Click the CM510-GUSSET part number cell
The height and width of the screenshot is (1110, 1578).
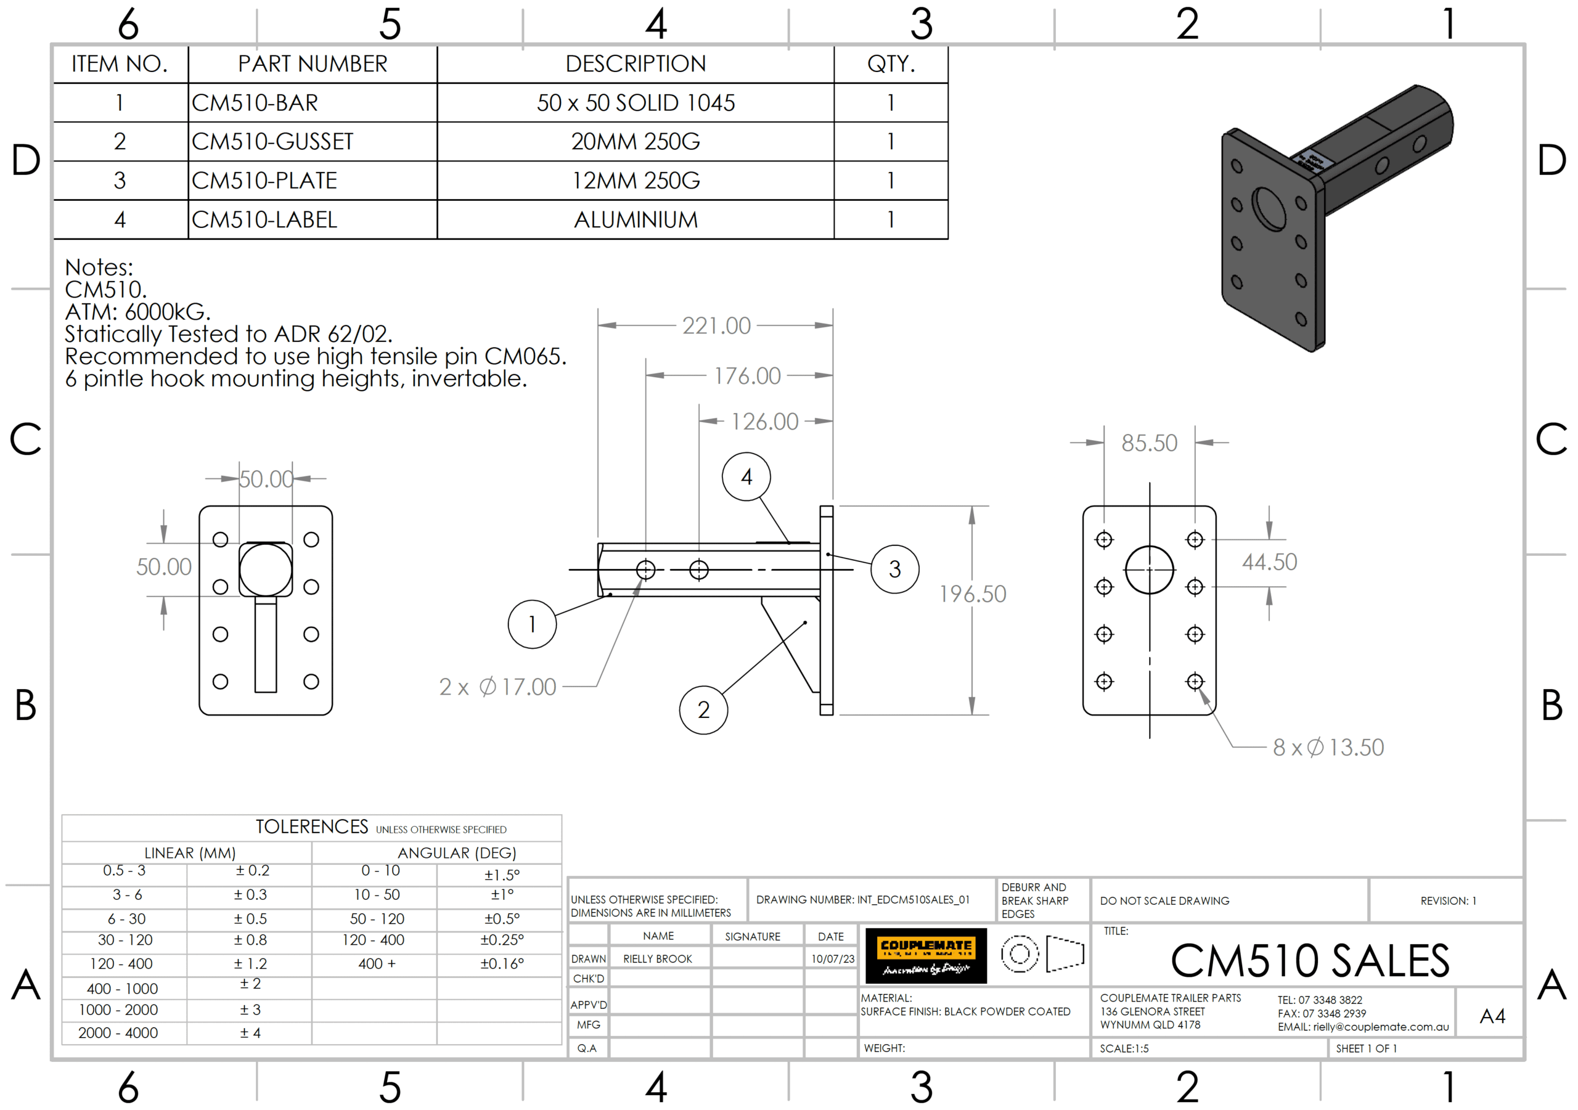(x=272, y=142)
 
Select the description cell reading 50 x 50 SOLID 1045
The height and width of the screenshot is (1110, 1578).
(x=635, y=103)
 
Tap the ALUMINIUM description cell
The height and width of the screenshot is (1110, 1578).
(x=635, y=220)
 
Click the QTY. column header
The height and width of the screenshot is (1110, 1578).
(x=891, y=64)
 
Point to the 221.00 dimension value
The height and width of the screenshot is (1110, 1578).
(x=716, y=326)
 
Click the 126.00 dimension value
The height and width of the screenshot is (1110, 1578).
(x=764, y=422)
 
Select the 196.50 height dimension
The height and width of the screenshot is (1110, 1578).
(x=973, y=594)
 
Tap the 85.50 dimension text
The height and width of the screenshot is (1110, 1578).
(x=1149, y=443)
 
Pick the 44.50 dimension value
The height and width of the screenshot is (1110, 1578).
(x=1269, y=562)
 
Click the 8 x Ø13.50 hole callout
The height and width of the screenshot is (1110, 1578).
(x=1328, y=747)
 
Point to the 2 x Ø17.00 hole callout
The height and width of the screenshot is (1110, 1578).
(x=497, y=687)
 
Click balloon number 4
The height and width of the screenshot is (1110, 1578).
(x=746, y=477)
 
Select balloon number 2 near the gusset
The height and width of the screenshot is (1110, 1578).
(x=703, y=710)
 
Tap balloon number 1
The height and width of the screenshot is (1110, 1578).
(x=532, y=624)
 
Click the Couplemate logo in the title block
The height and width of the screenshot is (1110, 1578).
(x=926, y=955)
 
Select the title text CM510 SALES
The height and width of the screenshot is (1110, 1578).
(x=1310, y=960)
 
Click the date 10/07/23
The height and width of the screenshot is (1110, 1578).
(x=832, y=959)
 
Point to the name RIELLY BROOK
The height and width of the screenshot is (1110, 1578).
(x=657, y=959)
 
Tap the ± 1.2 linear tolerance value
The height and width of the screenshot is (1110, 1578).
(x=250, y=963)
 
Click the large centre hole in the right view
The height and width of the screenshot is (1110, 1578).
(x=1149, y=569)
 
